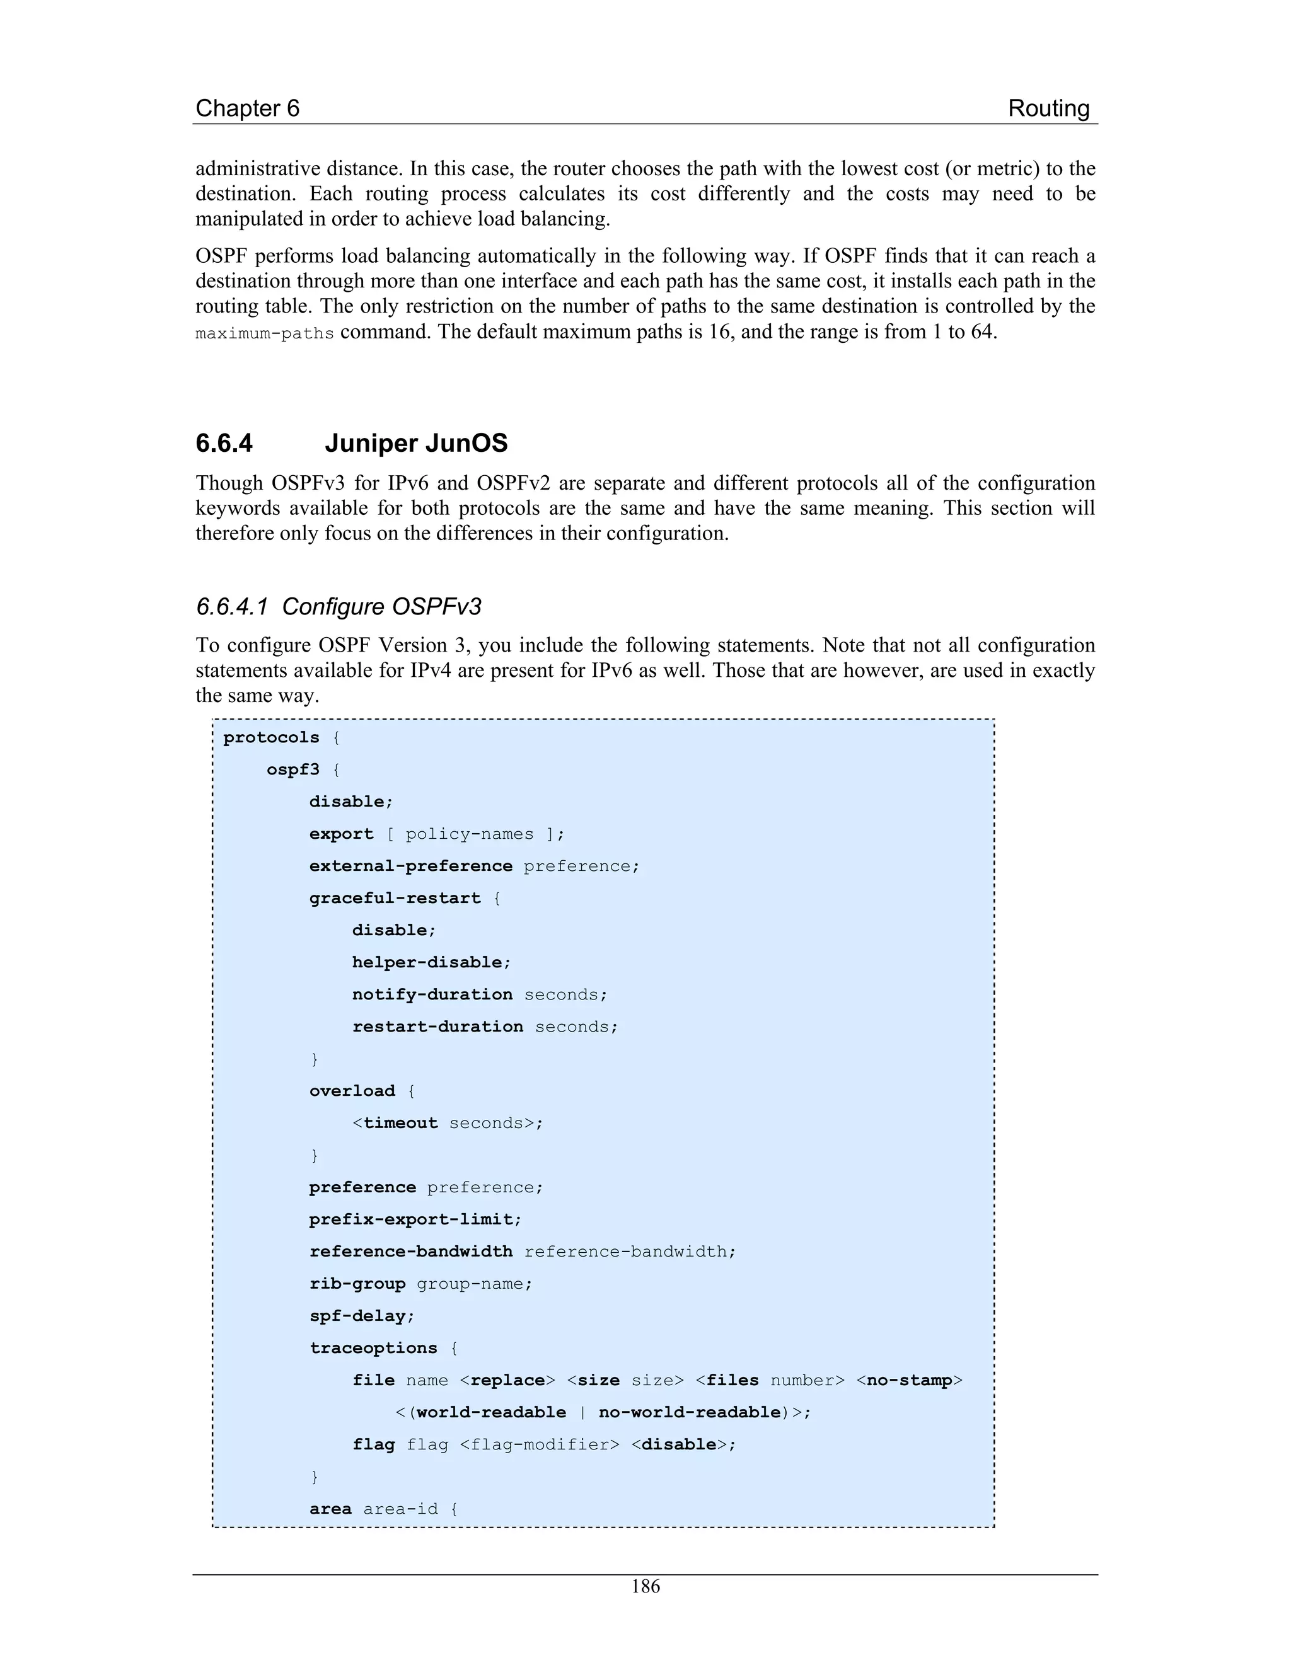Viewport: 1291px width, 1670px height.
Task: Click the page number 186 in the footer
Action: [x=645, y=1587]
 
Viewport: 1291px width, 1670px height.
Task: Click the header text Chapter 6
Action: [x=247, y=108]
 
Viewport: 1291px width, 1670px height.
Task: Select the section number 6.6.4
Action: [x=224, y=444]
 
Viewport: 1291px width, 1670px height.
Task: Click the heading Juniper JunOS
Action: [x=416, y=444]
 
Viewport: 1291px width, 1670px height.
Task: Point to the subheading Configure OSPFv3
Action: [x=381, y=606]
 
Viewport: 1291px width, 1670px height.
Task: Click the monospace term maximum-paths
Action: [x=265, y=333]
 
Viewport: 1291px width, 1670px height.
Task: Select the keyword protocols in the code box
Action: [x=270, y=737]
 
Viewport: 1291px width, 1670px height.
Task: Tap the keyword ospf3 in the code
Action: [x=293, y=769]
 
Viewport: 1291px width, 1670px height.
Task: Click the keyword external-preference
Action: [x=411, y=866]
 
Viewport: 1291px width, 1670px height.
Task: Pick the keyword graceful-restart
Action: [x=395, y=897]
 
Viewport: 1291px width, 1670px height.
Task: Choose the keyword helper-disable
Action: [x=431, y=962]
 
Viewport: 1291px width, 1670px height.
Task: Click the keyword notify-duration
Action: [x=432, y=994]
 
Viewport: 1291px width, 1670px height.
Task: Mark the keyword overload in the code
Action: [x=352, y=1090]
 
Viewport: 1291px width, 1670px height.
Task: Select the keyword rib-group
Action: [x=357, y=1283]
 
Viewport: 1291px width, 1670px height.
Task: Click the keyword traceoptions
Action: [x=373, y=1347]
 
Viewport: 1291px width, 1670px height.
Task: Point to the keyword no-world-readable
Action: [x=688, y=1412]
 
